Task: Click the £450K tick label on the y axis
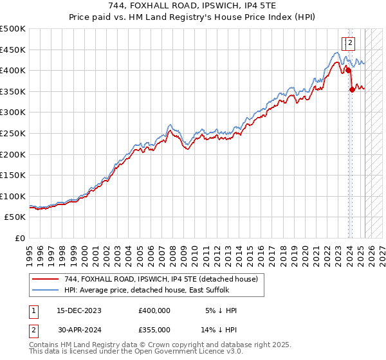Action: (12, 50)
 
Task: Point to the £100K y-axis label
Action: (12, 196)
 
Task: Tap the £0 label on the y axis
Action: (19, 239)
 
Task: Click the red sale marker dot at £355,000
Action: (352, 89)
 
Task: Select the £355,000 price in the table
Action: (154, 332)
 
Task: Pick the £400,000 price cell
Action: (154, 310)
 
